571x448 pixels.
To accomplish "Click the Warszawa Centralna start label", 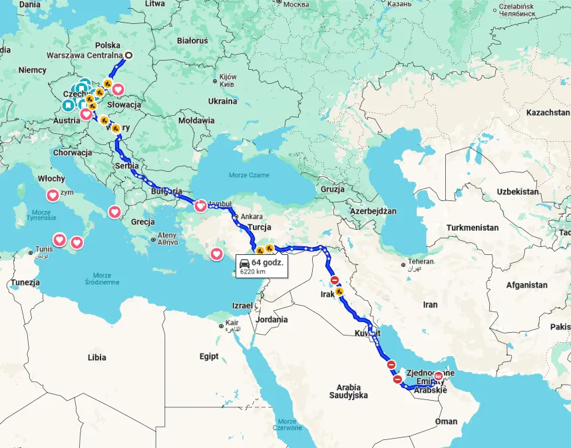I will (x=84, y=56).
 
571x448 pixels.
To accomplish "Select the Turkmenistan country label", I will (x=472, y=228).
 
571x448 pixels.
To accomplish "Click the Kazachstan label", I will (x=547, y=113).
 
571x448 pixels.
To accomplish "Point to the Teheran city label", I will (x=420, y=262).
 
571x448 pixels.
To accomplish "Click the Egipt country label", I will (x=208, y=357).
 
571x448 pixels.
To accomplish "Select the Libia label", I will (x=96, y=357).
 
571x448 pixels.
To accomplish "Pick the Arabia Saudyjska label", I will (x=348, y=391).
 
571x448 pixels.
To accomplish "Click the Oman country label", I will (x=446, y=421).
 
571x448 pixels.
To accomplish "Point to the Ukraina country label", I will (x=222, y=101).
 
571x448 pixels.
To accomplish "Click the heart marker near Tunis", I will (x=59, y=240).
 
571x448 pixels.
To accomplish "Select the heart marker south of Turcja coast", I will (x=217, y=254).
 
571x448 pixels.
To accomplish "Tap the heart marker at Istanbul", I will (x=200, y=206).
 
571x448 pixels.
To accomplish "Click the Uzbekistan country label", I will (x=517, y=192).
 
